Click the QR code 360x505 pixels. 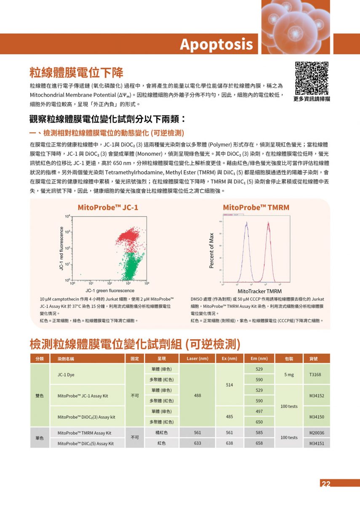click(312, 78)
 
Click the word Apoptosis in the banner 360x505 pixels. click(216, 44)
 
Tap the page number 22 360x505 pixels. click(326, 484)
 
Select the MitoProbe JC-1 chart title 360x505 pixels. click(108, 207)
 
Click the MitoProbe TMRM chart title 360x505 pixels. click(256, 207)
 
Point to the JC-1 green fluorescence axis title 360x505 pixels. click(110, 291)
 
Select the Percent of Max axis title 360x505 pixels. click(212, 250)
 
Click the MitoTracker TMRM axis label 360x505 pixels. click(259, 291)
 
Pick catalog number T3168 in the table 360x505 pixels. click(315, 375)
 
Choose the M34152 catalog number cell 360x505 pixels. click(316, 396)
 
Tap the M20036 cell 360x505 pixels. click(316, 433)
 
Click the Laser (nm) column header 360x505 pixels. click(197, 359)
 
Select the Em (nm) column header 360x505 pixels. click(259, 359)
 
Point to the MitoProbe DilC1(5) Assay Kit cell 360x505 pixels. click(85, 444)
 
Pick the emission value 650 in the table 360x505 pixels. click(259, 422)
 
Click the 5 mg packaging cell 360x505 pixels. click(289, 375)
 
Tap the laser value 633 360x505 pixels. click(197, 443)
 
